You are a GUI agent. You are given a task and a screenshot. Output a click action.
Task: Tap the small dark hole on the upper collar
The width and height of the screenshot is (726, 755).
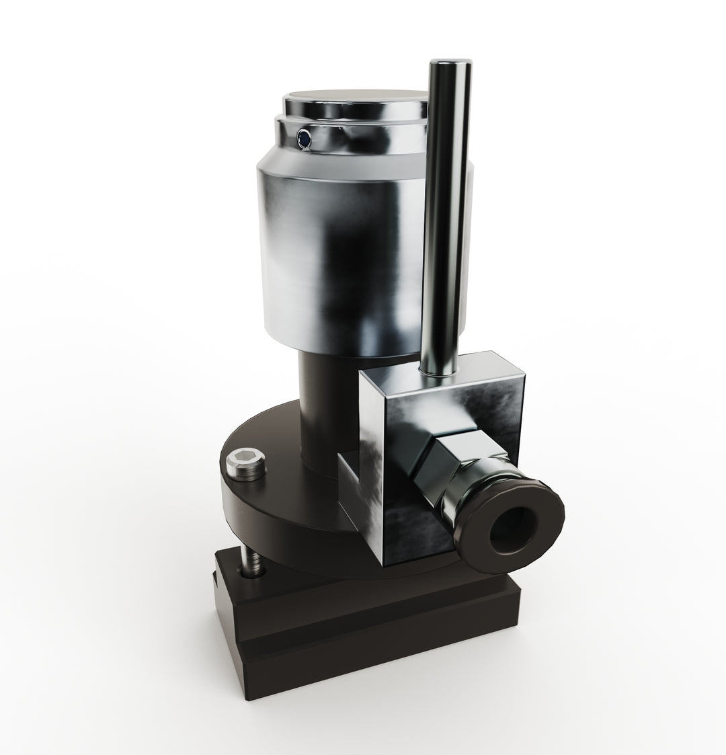(304, 138)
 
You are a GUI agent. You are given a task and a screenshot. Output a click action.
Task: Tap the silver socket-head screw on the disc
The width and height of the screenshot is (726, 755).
(247, 466)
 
